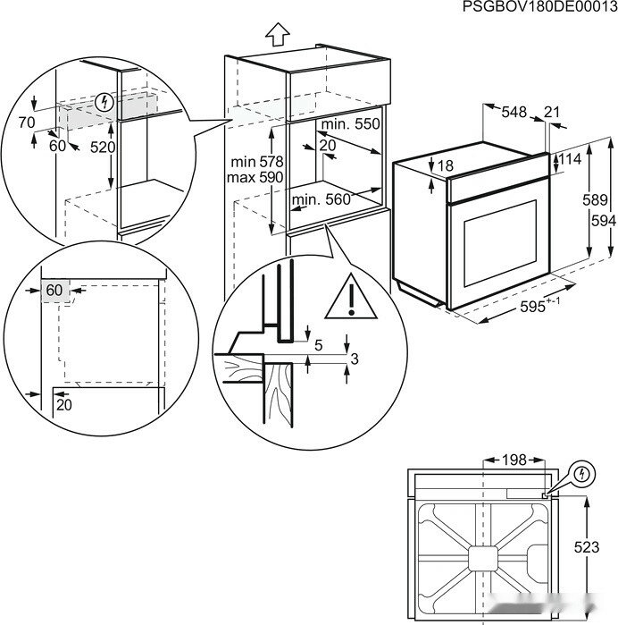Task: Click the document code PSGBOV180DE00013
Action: coord(539,8)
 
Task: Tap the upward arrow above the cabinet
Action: coord(278,33)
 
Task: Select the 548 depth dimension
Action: coord(514,112)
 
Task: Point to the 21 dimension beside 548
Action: coord(550,112)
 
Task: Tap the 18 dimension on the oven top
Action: coord(447,165)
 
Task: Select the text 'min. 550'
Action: coord(351,123)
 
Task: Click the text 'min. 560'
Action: coord(321,200)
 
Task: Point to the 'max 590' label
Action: coord(255,178)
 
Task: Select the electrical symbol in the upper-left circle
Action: coord(107,103)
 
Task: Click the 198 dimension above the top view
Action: coord(514,459)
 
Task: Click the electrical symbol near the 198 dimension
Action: coord(581,472)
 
